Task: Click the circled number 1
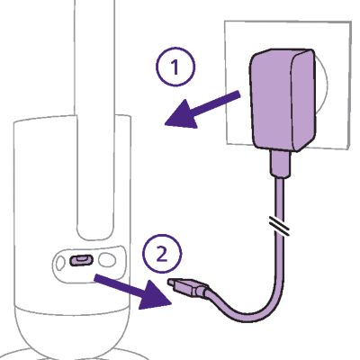click(x=175, y=67)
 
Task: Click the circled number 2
click(x=162, y=254)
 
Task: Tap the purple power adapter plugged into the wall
click(x=283, y=100)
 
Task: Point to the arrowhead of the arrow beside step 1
click(x=180, y=115)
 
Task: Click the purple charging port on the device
click(x=81, y=260)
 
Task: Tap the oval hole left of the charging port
click(x=60, y=263)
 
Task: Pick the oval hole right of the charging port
click(x=107, y=260)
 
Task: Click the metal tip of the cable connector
click(x=172, y=283)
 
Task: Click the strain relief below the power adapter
click(x=280, y=164)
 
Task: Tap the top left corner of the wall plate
click(x=225, y=21)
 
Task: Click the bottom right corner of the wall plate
click(x=348, y=149)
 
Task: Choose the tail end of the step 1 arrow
click(x=239, y=94)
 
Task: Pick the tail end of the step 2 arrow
click(x=96, y=278)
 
